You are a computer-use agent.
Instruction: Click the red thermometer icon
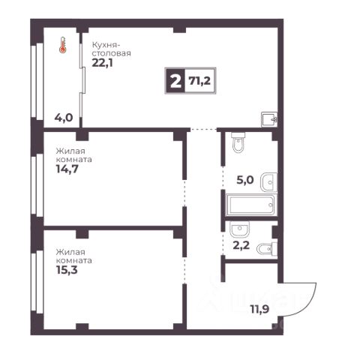click(x=62, y=45)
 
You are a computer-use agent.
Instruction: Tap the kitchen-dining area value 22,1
click(x=102, y=63)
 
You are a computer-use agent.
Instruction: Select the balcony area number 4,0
click(x=64, y=117)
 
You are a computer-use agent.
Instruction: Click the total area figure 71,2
click(x=199, y=80)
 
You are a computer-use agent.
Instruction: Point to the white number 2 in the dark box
click(x=175, y=81)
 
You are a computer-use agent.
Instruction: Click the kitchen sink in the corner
click(x=269, y=119)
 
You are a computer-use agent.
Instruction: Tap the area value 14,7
click(x=67, y=169)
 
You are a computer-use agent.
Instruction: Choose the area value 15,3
click(x=67, y=270)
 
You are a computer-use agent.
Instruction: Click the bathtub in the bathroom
click(x=251, y=205)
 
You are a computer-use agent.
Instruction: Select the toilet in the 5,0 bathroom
click(x=238, y=142)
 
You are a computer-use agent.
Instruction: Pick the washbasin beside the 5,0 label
click(x=268, y=182)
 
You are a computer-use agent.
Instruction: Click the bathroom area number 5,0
click(x=245, y=180)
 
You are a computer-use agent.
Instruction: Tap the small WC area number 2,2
click(x=241, y=245)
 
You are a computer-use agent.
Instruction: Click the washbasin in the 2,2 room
click(x=239, y=229)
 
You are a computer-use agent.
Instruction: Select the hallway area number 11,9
click(x=259, y=309)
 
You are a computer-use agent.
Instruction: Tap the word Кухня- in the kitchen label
click(x=105, y=45)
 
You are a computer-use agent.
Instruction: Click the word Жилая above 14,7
click(x=70, y=151)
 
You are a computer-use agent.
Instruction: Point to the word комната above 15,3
click(x=74, y=260)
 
